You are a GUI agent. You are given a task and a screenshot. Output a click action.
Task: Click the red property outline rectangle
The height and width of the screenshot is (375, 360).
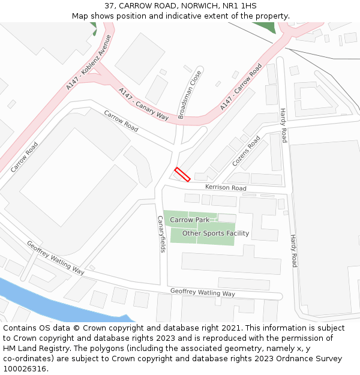pos(182,175)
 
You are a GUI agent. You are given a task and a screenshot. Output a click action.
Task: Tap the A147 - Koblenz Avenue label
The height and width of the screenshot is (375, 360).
pos(89,62)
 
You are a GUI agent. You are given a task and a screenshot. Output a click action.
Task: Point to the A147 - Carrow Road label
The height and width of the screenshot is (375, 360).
pos(241,87)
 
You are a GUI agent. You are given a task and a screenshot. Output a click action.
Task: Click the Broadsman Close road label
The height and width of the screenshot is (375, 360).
pos(190,94)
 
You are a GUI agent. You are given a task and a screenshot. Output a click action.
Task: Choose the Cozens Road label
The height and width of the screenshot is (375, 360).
pos(246,151)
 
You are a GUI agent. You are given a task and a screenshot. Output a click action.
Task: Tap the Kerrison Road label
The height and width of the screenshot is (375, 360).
pos(226,188)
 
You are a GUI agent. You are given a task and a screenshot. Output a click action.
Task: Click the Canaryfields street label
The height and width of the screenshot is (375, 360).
pos(160,234)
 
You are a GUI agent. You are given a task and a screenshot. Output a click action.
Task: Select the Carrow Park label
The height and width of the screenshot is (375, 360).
pos(190,220)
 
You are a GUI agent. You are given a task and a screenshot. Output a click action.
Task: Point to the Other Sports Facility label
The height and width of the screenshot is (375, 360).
pos(215,233)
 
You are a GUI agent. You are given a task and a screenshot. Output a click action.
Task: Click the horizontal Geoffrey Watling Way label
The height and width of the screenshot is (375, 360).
pos(202,293)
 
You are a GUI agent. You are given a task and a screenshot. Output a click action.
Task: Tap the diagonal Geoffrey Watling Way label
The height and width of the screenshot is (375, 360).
pos(56,257)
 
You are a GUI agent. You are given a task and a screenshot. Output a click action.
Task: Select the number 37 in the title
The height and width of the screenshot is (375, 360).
pos(109,5)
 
